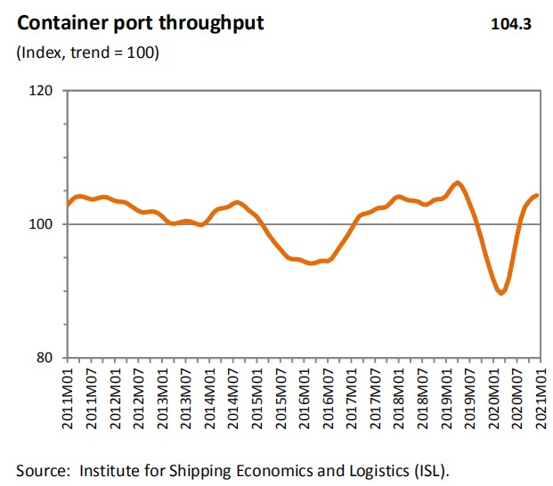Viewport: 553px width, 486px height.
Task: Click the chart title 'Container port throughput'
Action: point(141,23)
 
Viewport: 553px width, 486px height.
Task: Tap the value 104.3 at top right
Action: point(510,24)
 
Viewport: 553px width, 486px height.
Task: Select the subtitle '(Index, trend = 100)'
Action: point(87,53)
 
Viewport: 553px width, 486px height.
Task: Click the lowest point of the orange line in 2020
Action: point(501,293)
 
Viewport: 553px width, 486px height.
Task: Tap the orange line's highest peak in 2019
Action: point(458,183)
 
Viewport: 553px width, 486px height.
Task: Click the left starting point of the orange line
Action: point(68,205)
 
